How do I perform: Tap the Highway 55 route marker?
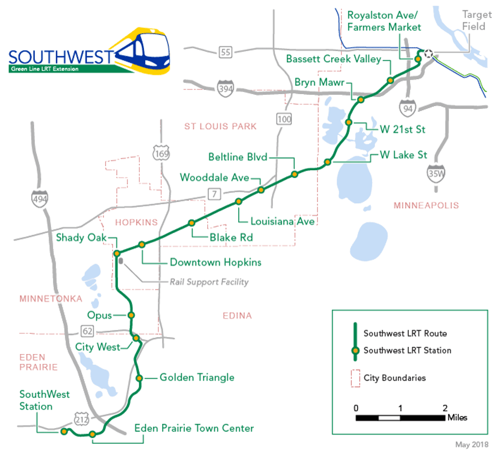click(x=226, y=51)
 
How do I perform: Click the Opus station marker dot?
click(x=131, y=315)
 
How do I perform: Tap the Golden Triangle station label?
click(x=197, y=377)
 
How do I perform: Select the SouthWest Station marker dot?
click(x=64, y=432)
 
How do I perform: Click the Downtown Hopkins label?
click(x=215, y=263)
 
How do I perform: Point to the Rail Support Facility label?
click(x=210, y=282)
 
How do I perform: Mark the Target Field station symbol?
click(x=429, y=53)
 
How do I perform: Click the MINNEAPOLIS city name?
click(x=427, y=205)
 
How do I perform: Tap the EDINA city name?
click(x=237, y=316)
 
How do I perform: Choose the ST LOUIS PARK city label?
click(x=220, y=126)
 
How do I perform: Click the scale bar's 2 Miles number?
click(x=445, y=408)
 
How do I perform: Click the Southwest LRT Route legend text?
click(x=405, y=334)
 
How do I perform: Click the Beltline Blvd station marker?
click(x=294, y=174)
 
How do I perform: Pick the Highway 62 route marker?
click(x=88, y=331)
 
